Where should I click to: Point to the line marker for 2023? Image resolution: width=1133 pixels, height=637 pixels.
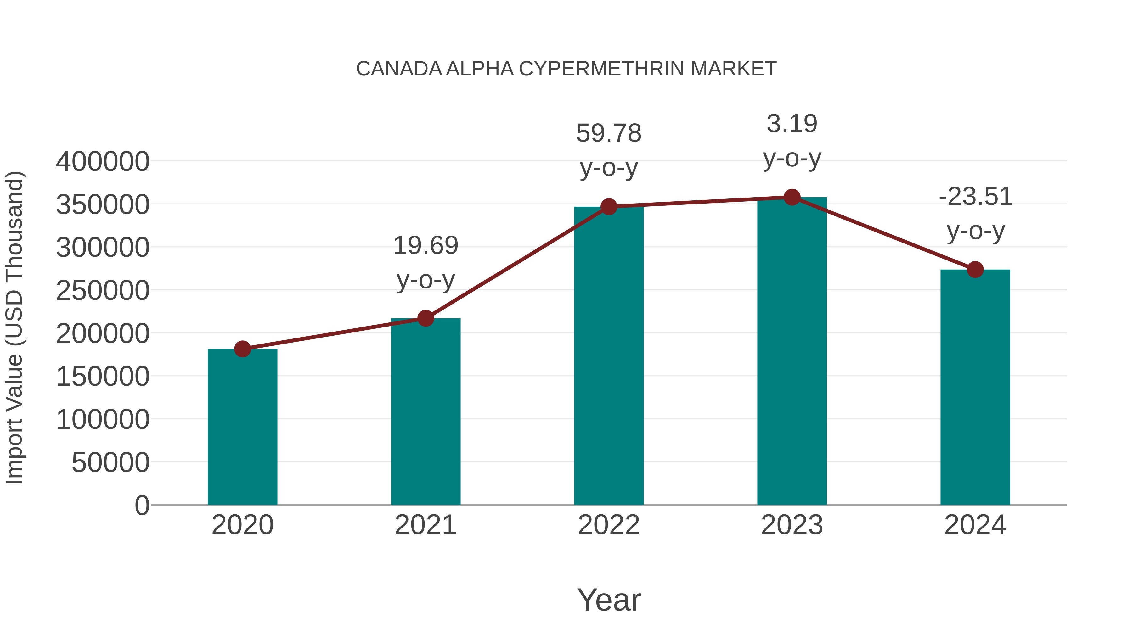792,197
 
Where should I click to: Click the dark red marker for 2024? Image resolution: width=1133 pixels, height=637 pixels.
975,270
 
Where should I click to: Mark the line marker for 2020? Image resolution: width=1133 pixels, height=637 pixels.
242,349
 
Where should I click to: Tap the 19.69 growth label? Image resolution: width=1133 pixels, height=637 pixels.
425,245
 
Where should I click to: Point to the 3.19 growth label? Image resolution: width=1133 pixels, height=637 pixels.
792,124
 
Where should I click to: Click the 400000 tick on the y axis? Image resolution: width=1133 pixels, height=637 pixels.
103,161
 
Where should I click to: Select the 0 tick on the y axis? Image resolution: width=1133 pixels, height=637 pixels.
142,505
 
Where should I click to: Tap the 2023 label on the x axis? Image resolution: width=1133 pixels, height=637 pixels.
792,525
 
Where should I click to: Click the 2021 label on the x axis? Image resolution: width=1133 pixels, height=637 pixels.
425,525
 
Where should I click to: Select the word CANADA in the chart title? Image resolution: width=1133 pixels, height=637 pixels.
399,69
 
